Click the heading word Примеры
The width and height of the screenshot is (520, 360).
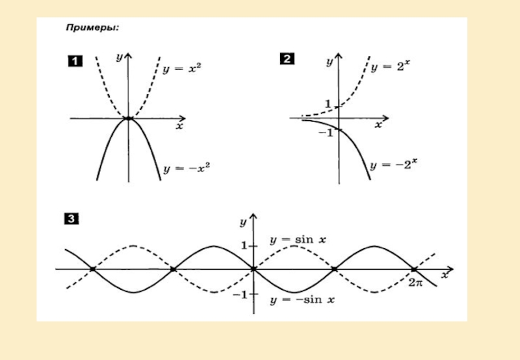click(x=91, y=29)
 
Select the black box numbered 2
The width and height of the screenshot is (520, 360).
click(x=287, y=60)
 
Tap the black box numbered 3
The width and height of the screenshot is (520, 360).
click(x=71, y=220)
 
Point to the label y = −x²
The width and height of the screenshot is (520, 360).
click(x=187, y=167)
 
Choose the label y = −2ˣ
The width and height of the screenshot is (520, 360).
click(x=393, y=165)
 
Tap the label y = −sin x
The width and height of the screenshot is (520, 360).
click(x=302, y=300)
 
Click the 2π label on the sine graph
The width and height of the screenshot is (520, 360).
click(x=416, y=283)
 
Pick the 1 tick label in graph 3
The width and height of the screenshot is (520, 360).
click(x=244, y=246)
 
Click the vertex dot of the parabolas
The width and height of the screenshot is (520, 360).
click(x=129, y=118)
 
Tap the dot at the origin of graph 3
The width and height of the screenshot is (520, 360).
click(x=253, y=268)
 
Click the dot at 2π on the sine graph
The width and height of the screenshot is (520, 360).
click(x=414, y=268)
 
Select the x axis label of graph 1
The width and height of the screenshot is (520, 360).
click(x=179, y=127)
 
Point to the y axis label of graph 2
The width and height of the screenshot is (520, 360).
click(x=330, y=62)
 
